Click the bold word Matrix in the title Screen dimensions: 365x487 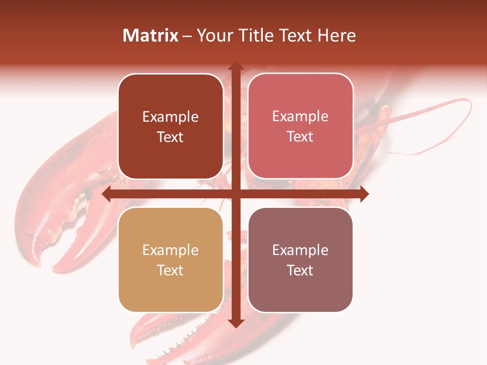[151, 35]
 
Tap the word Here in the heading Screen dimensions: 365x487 [336, 35]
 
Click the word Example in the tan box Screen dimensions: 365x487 [170, 250]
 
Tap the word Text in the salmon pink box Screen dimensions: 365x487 [300, 137]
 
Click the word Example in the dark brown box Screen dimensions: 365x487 [170, 117]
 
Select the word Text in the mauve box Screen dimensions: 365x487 [300, 271]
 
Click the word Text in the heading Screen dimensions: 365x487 [295, 35]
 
